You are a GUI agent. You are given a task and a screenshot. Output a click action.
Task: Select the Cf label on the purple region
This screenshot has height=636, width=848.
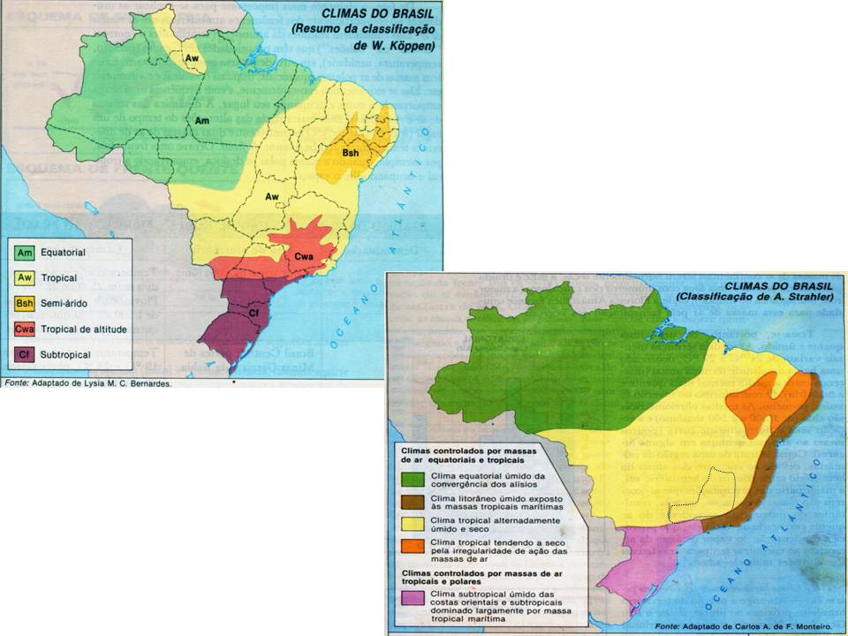pyautogui.click(x=253, y=312)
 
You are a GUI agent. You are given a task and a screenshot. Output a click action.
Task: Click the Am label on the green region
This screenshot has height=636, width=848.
pyautogui.click(x=202, y=120)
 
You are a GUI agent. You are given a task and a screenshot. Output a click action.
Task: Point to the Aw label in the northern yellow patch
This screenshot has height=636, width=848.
pyautogui.click(x=191, y=57)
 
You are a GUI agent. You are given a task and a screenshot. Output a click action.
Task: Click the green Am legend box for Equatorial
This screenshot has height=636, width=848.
pyautogui.click(x=26, y=253)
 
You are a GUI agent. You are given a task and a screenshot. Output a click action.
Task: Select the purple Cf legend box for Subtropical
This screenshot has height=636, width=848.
pyautogui.click(x=26, y=355)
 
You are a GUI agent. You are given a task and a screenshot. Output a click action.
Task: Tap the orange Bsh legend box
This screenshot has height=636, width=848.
pyautogui.click(x=26, y=304)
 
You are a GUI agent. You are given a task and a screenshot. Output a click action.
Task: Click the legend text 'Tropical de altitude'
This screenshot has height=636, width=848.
pyautogui.click(x=84, y=329)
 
